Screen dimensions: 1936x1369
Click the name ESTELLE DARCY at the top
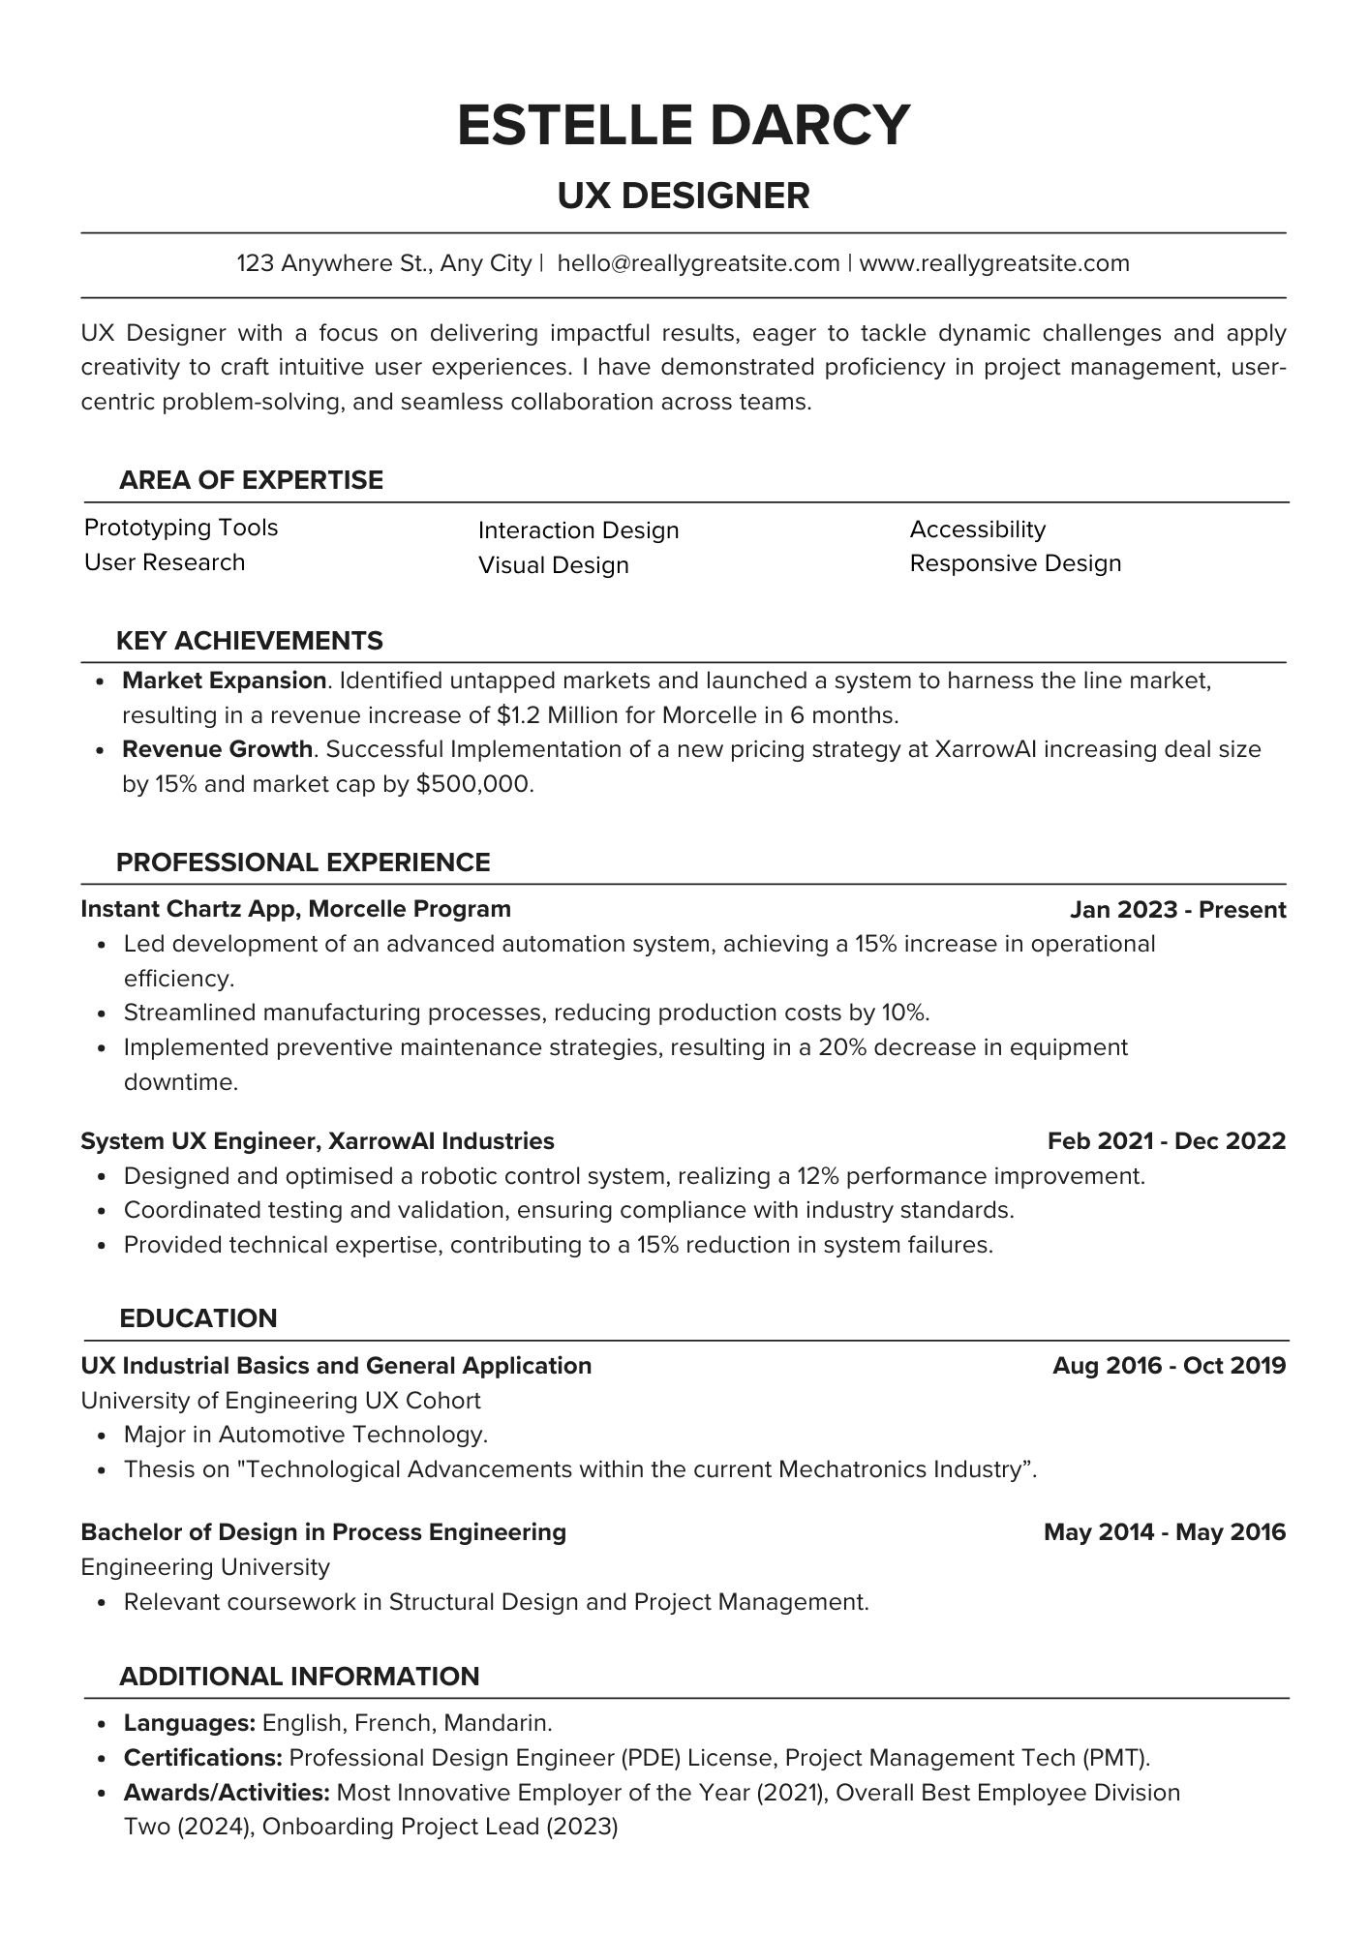[684, 125]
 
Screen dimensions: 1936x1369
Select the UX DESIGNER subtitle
[684, 196]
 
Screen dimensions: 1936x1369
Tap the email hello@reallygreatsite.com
[698, 263]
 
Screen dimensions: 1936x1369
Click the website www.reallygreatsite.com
[994, 263]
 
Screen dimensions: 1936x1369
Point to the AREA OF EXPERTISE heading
[251, 480]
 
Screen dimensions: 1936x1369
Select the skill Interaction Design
[578, 530]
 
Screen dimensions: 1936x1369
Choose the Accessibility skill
[978, 529]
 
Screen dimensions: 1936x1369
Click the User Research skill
[165, 562]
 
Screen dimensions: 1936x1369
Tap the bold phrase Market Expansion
[224, 681]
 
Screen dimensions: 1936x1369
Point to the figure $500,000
[473, 784]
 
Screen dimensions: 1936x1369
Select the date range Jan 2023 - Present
[1177, 910]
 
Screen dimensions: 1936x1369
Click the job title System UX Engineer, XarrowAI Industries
[318, 1141]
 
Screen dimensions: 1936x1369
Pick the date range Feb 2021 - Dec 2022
[1166, 1141]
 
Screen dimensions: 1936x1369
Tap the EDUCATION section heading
[198, 1318]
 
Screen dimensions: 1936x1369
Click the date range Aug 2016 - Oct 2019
[1169, 1366]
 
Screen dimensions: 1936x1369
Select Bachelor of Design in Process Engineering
[323, 1532]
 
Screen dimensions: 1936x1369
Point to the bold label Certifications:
[202, 1758]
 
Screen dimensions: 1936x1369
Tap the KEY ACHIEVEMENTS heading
[250, 641]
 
